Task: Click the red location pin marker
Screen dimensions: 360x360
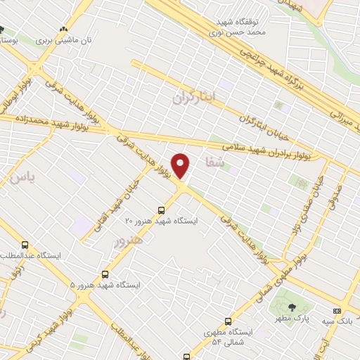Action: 181,166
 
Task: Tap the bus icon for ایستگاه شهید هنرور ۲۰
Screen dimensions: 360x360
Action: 162,210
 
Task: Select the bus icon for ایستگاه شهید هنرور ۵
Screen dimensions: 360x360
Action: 105,274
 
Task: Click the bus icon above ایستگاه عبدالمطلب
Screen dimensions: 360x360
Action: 25,245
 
